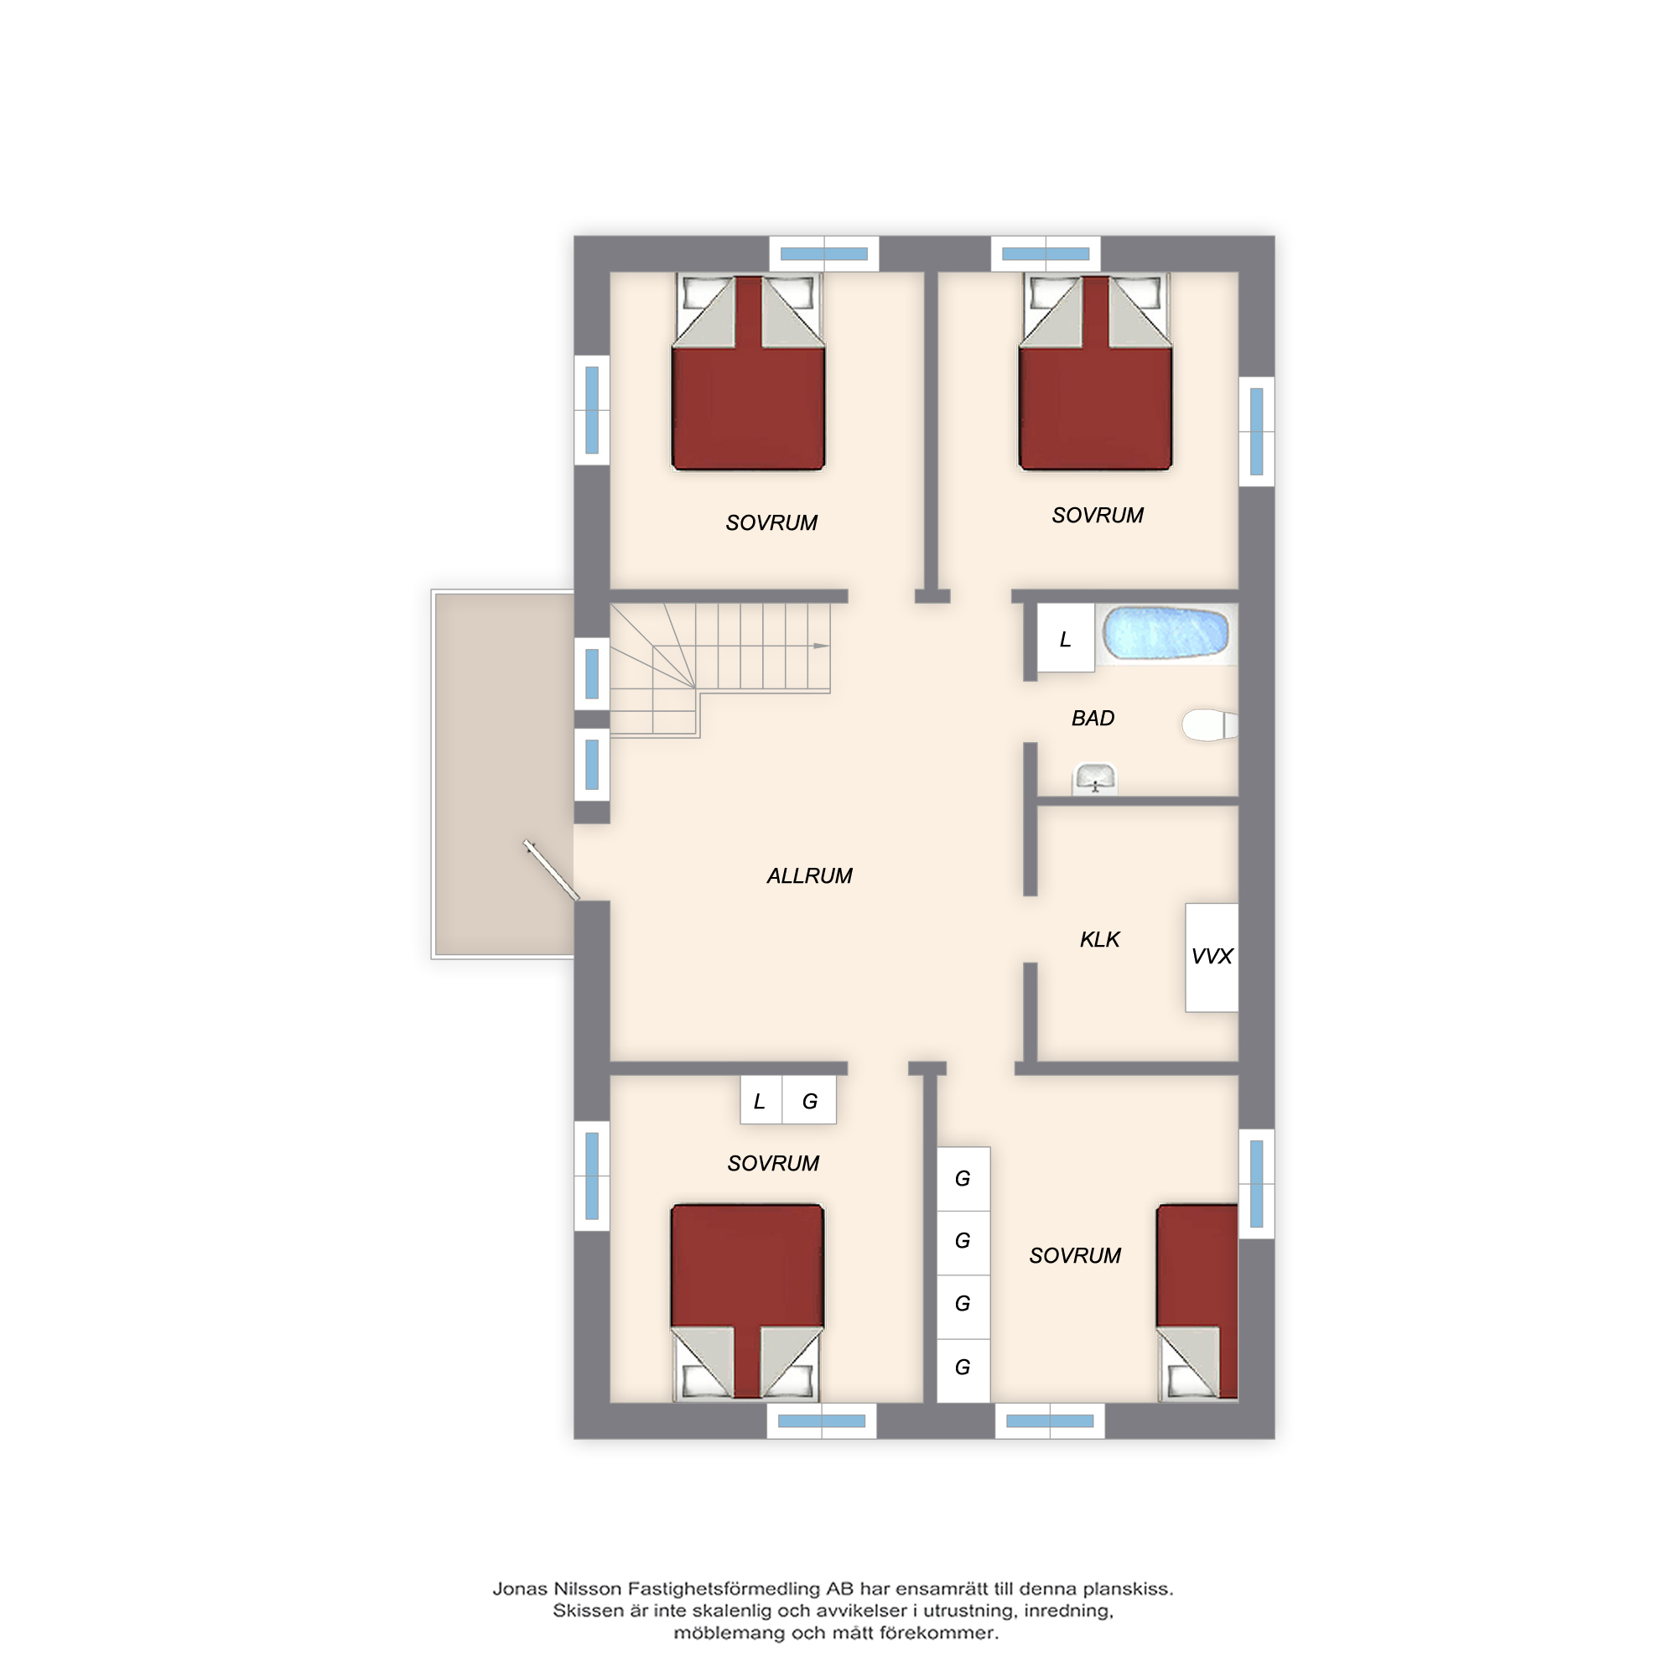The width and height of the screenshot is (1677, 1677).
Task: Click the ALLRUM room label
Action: pos(809,876)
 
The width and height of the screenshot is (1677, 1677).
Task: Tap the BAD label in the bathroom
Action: pos(1093,718)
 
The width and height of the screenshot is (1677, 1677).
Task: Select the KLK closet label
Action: pos(1100,939)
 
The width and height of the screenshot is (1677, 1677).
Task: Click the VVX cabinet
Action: pos(1212,958)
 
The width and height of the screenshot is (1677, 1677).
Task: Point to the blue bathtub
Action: pos(1165,633)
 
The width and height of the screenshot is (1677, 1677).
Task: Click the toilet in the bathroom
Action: pos(1209,724)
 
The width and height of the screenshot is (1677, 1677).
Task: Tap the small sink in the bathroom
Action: pos(1095,779)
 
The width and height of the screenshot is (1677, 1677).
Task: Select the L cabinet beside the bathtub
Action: pos(1066,639)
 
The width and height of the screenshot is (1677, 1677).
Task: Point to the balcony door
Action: pos(551,870)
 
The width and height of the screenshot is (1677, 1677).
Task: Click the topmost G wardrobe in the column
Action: pos(963,1179)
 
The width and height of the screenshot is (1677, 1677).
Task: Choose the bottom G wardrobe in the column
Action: pos(963,1368)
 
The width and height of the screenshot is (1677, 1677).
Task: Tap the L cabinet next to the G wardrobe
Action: pos(761,1101)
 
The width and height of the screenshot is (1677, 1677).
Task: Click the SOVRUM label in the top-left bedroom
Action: pos(771,522)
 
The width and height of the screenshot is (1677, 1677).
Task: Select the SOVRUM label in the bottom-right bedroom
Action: pos(1075,1255)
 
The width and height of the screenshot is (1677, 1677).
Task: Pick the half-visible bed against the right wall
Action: pos(1197,1301)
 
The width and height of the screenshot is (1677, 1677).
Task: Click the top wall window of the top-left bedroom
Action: pos(823,253)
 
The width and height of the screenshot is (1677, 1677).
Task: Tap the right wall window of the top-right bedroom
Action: pos(1256,431)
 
